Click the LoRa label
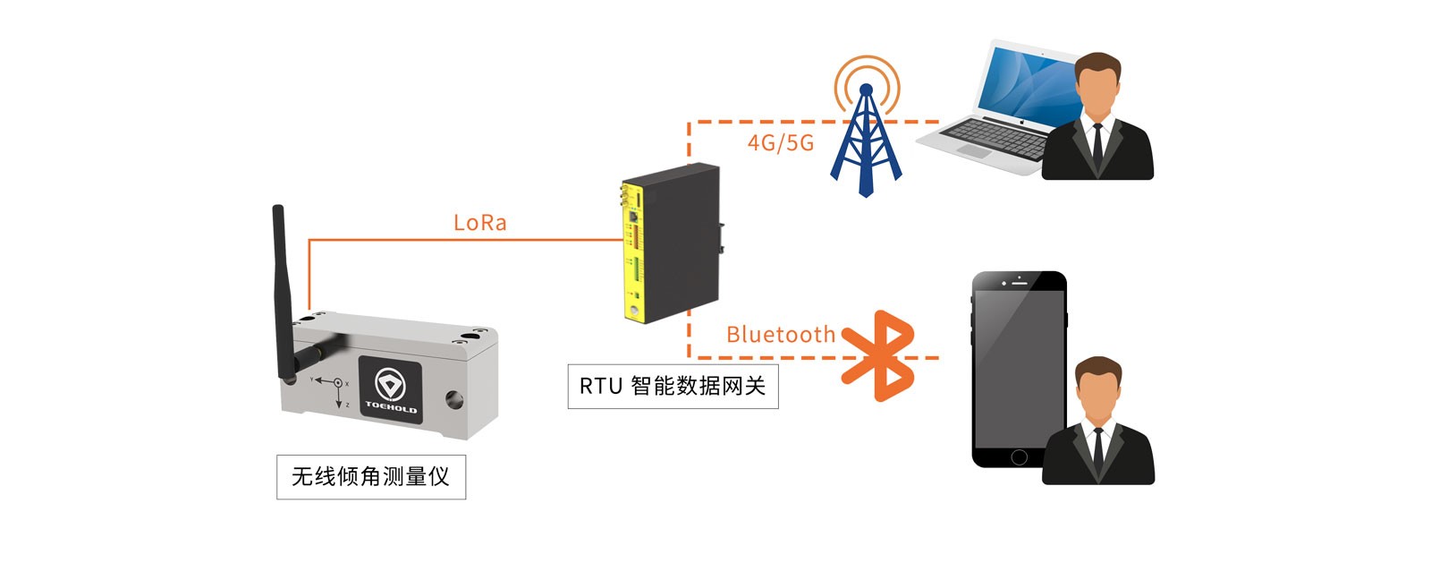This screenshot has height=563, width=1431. pos(480,223)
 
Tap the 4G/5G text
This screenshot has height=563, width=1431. pos(781,142)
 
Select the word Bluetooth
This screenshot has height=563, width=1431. pos(780,335)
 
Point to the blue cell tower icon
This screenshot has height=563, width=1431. pos(866,143)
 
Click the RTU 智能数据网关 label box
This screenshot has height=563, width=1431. pos(673,386)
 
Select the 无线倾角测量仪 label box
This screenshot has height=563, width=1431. pos(370,476)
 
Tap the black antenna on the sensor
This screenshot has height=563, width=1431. pos(283,286)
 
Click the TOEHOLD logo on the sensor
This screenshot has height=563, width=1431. pos(390,388)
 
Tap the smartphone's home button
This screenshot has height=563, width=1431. pos(1019,457)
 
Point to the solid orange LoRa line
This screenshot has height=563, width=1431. pos(465,240)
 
